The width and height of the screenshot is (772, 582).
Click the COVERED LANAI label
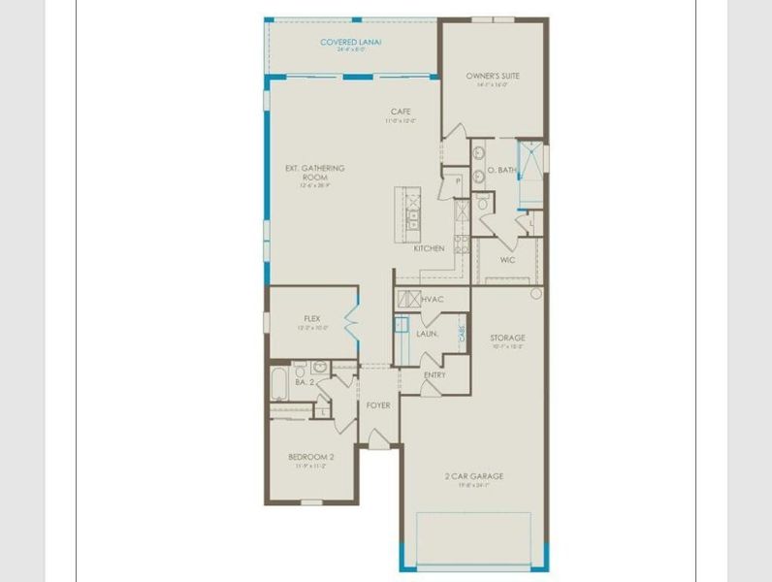tap(351, 43)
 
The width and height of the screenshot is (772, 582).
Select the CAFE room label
tap(401, 112)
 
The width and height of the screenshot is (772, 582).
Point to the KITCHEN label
tap(430, 248)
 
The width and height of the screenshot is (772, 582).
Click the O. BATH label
tap(501, 170)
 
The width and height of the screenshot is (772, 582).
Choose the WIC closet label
tap(507, 260)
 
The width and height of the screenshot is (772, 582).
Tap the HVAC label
tap(433, 299)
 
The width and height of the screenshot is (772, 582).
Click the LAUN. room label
tap(428, 334)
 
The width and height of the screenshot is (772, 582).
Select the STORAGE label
tap(507, 339)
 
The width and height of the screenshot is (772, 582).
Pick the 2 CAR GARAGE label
tap(475, 476)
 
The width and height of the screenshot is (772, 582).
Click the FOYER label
tap(378, 404)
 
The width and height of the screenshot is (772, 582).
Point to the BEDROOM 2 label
tap(311, 457)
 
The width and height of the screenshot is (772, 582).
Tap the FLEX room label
tap(312, 318)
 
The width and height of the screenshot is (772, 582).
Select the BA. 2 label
tap(305, 383)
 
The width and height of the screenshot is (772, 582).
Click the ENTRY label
tap(435, 375)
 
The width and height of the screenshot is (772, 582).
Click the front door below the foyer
tap(378, 444)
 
